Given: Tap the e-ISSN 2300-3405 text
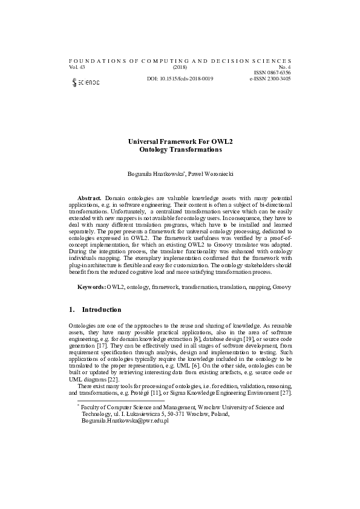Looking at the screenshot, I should [x=270, y=79].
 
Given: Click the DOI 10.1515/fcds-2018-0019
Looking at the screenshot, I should [x=180, y=79].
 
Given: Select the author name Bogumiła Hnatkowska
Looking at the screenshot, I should [x=154, y=174].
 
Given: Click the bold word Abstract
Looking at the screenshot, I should [x=90, y=198].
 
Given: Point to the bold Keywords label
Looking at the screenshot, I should [x=91, y=287].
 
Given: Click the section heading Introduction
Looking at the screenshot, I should [x=102, y=310].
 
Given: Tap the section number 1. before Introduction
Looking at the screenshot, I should [x=73, y=310].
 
